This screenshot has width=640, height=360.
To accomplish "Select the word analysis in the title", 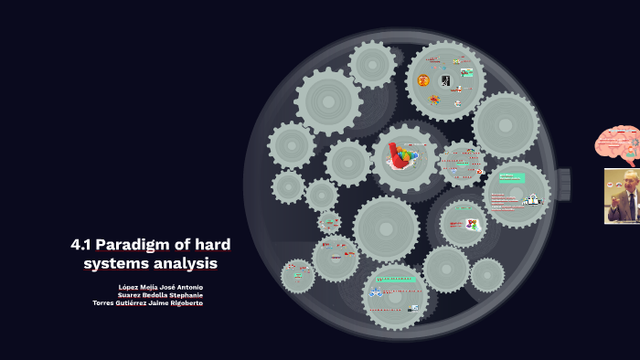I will click(x=187, y=263).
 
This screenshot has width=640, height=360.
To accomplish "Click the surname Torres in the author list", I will click(x=102, y=303).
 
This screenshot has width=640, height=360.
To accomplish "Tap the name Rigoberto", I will click(x=184, y=303).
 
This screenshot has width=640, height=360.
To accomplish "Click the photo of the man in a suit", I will click(x=622, y=196).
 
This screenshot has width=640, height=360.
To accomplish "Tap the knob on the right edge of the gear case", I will click(x=563, y=184).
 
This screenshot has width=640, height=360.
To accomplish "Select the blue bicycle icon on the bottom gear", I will click(x=375, y=293).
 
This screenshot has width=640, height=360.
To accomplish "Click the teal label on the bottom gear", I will click(x=397, y=280).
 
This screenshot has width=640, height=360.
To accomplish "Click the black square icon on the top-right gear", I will click(x=445, y=81).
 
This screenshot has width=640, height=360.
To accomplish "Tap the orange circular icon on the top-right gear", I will click(x=423, y=80).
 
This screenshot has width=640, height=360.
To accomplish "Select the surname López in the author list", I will click(x=129, y=287).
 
